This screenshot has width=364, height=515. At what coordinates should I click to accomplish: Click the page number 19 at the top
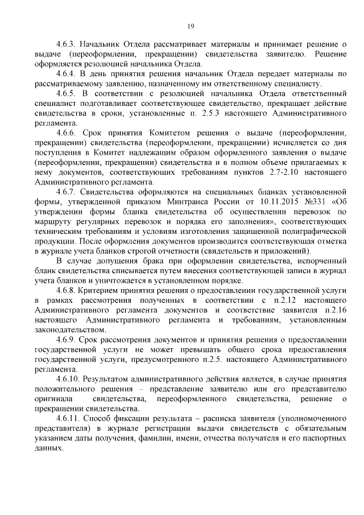191,25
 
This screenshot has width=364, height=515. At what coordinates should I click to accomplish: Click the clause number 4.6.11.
69,418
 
